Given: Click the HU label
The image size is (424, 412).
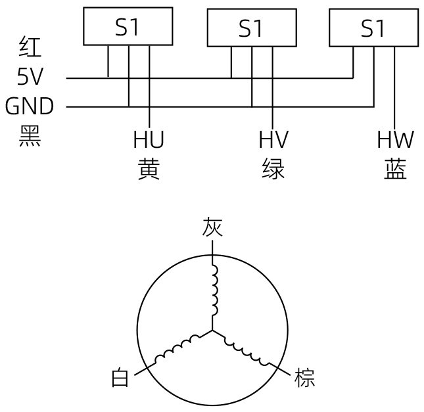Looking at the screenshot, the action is (x=149, y=139).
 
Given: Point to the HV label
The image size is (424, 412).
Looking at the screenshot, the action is (x=273, y=139).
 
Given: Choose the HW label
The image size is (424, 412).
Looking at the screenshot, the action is (x=395, y=139).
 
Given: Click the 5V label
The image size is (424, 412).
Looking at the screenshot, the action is (x=30, y=76).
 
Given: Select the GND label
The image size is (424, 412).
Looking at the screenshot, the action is (x=30, y=106).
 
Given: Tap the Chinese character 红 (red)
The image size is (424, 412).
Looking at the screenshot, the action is (x=30, y=47).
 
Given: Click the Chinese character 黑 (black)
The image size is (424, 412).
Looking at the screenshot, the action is (x=30, y=136).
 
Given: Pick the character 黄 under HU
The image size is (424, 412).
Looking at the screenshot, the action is (x=149, y=170).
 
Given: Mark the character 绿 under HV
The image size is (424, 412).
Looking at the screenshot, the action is (x=273, y=170).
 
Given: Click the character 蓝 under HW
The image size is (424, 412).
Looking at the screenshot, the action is (x=395, y=170).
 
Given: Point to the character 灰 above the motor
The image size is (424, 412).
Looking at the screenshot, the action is (x=212, y=227).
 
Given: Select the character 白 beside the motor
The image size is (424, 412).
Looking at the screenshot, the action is (x=120, y=377).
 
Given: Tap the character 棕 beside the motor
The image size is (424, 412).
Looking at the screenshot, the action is (x=305, y=377).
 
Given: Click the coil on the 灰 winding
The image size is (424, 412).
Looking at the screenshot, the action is (x=215, y=290).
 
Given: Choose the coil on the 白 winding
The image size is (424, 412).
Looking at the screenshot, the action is (x=177, y=349).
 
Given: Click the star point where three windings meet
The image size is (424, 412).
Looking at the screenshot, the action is (x=212, y=330).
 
